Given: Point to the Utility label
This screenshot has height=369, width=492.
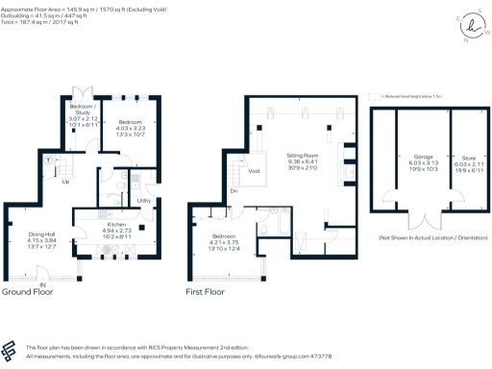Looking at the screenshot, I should [143, 200].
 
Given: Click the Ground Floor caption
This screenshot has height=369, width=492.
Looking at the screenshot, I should [26, 292].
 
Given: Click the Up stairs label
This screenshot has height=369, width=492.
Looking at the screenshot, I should [66, 182].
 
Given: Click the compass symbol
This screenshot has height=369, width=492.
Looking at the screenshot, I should [469, 26].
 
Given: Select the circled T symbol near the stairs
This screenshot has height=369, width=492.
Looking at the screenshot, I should [49, 159].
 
